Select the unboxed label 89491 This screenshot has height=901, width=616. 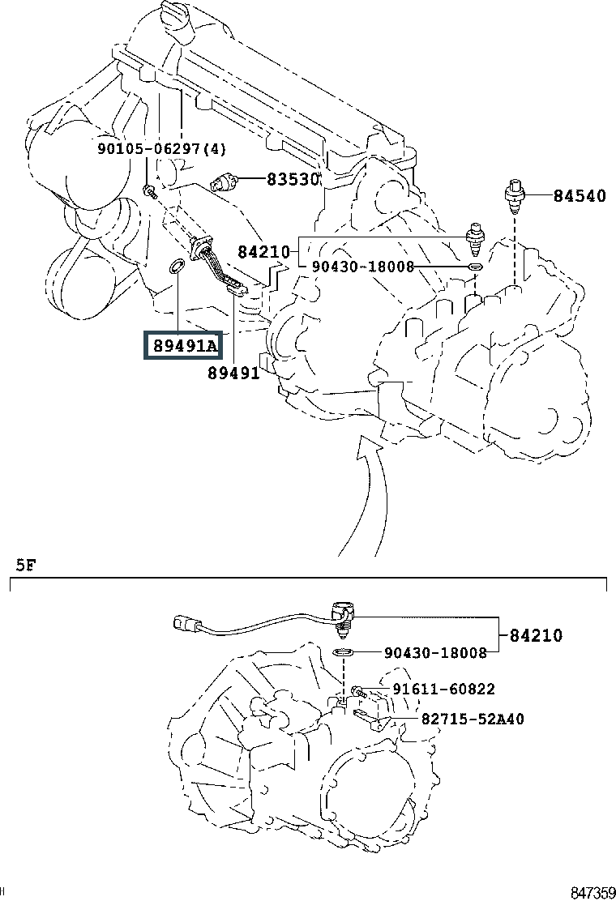coord(233,373)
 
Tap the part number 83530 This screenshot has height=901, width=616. coord(293,180)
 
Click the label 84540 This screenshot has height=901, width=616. coord(580,195)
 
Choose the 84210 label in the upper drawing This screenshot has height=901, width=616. coord(264,252)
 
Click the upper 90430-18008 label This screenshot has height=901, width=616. coord(363,267)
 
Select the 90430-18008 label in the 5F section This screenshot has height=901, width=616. coord(435,652)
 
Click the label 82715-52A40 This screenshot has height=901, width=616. coord(472,719)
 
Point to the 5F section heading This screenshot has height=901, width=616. coord(26,564)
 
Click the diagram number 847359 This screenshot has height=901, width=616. coord(592,892)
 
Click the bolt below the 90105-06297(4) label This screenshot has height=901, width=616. coord(149,191)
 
